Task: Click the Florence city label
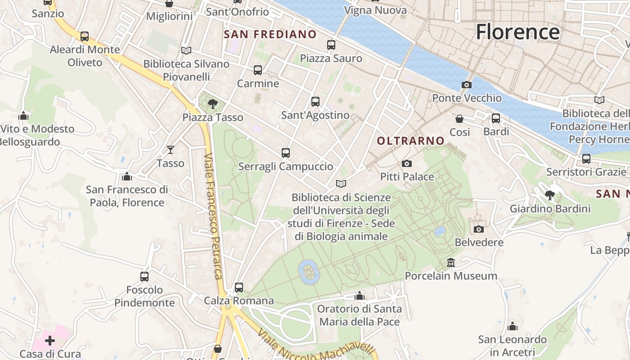(517, 32)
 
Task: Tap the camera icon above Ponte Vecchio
(467, 85)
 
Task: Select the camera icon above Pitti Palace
(407, 163)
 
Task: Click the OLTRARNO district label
(410, 141)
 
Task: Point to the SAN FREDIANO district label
(270, 35)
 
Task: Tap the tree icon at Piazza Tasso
(212, 104)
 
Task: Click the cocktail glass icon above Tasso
(171, 150)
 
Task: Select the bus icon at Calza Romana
(239, 287)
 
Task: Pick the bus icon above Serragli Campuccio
(285, 153)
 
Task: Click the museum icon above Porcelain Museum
(451, 262)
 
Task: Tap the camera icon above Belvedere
(479, 229)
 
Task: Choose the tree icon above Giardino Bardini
(549, 195)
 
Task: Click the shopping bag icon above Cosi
(459, 119)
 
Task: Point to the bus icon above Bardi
(496, 118)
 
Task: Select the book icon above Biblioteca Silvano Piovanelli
(186, 50)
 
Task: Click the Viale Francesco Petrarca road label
(213, 216)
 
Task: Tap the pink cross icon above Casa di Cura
(50, 341)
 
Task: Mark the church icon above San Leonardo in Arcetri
(512, 326)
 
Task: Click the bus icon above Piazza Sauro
(331, 45)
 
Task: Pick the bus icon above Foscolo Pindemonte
(144, 277)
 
